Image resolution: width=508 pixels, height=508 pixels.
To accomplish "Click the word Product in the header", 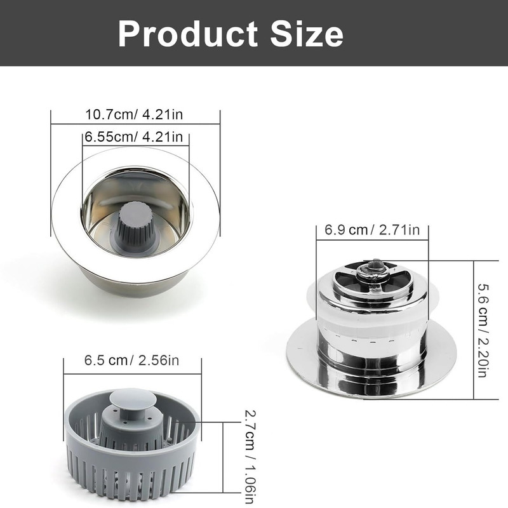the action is click(x=187, y=34).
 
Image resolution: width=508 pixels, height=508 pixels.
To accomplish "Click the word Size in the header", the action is click(x=307, y=34).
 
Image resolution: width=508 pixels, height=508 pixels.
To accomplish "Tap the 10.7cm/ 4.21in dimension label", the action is click(x=134, y=115).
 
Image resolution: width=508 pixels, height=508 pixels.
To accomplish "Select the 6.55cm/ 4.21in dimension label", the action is click(x=134, y=137).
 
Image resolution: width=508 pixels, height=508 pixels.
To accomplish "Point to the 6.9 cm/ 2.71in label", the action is click(x=372, y=230).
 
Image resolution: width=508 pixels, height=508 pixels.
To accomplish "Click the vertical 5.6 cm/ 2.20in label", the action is click(x=483, y=330).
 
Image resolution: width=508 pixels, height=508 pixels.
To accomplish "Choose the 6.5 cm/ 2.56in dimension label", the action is click(x=131, y=361).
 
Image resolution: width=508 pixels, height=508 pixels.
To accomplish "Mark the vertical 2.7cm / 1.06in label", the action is click(x=250, y=457).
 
